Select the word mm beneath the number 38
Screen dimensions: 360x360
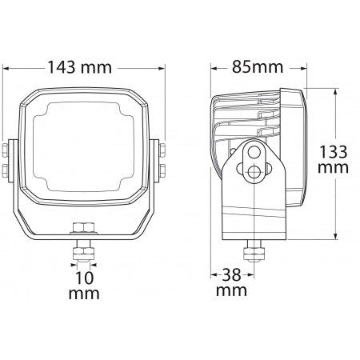click(232, 290)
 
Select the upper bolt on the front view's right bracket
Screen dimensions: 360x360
click(160, 149)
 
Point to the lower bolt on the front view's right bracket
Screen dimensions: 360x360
click(160, 168)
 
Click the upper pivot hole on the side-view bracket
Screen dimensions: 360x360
click(254, 153)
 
